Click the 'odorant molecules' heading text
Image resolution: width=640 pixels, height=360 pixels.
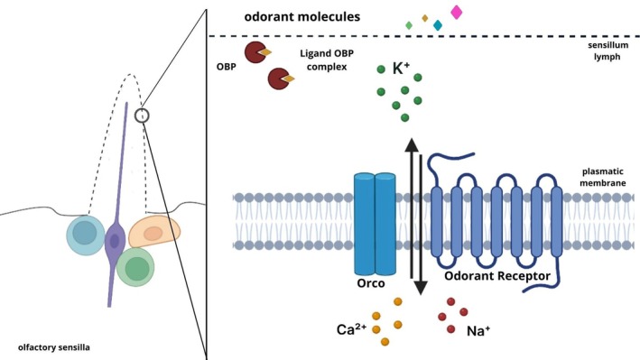point(303,16)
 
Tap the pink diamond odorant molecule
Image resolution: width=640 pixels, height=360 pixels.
point(456,12)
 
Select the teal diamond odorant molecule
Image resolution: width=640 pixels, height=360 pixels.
point(438,25)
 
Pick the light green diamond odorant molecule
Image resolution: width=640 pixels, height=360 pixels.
point(409,25)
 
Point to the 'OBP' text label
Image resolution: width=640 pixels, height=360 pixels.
point(227,66)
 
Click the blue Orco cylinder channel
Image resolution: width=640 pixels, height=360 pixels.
point(375,222)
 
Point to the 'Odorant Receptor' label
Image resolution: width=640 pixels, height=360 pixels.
point(493,282)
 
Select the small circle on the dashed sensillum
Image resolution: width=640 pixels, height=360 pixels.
point(141,115)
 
